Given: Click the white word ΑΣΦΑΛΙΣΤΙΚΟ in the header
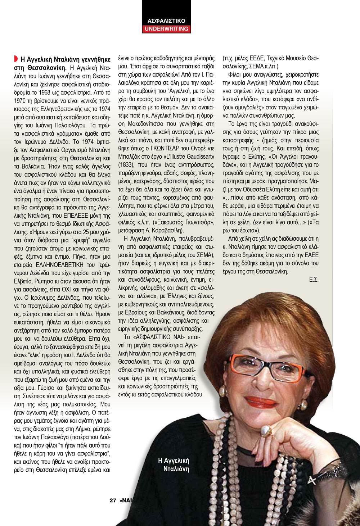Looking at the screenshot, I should [166, 21].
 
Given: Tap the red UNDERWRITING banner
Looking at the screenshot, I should [166, 29].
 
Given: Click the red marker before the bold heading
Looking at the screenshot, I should [16, 58].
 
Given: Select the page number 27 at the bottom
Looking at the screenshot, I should [113, 500].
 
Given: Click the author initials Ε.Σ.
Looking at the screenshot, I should [314, 280].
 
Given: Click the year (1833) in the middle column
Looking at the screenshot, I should [127, 165].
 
